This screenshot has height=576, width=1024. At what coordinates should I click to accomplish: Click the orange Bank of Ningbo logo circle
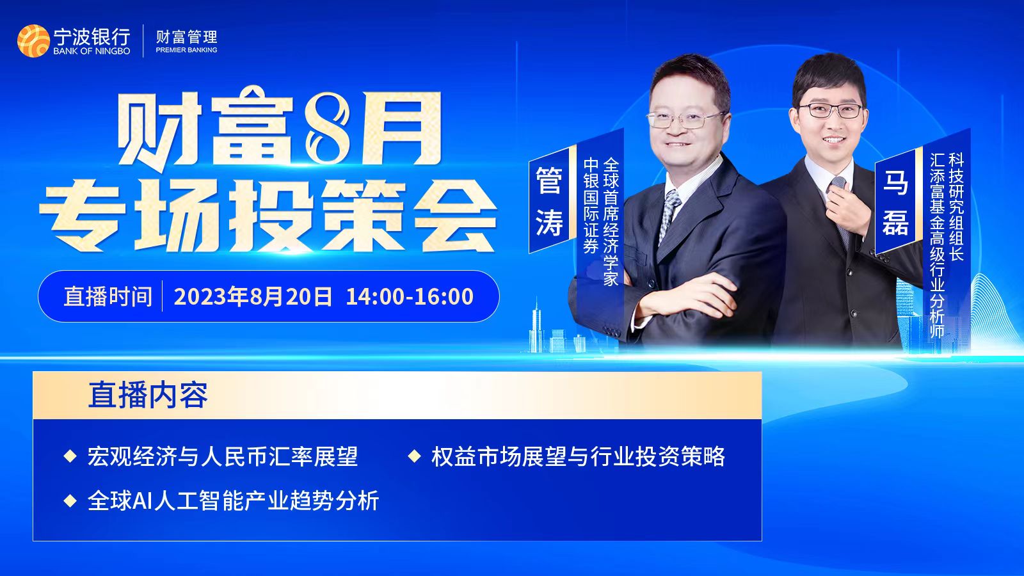(33, 41)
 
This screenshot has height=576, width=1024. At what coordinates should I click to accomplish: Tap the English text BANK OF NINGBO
(92, 51)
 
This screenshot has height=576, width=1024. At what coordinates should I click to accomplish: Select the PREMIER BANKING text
(186, 50)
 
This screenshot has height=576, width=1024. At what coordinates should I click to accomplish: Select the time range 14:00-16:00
(410, 296)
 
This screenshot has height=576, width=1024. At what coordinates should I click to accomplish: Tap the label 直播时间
(108, 296)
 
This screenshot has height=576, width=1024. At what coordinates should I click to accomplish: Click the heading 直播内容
(148, 395)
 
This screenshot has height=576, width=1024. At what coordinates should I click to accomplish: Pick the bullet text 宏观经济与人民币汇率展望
(223, 456)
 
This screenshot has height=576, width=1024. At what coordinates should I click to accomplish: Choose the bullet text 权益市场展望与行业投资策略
(578, 456)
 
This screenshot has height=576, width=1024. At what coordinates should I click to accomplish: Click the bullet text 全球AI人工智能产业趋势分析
(233, 500)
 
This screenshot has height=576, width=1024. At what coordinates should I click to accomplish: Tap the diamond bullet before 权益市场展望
(414, 456)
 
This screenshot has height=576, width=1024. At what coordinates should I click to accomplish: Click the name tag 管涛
(549, 201)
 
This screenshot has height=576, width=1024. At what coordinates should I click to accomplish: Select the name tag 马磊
(895, 202)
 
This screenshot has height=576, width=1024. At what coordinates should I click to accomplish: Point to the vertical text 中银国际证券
(591, 205)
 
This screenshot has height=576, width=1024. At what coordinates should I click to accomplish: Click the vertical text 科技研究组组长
(956, 206)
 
